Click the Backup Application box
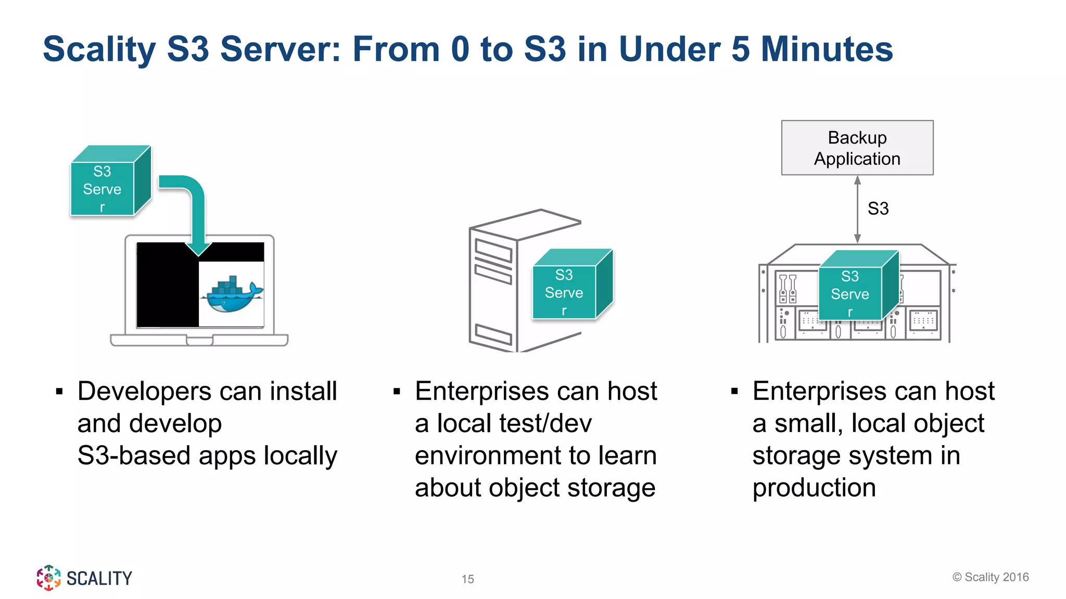click(857, 148)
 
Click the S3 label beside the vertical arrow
click(878, 209)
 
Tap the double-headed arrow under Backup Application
click(857, 209)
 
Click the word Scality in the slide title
click(99, 49)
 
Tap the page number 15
click(467, 579)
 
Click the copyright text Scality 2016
click(991, 577)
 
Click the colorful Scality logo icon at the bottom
click(48, 578)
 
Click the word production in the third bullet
click(814, 488)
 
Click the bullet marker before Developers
click(59, 392)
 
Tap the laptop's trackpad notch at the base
click(199, 341)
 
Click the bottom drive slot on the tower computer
click(493, 334)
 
